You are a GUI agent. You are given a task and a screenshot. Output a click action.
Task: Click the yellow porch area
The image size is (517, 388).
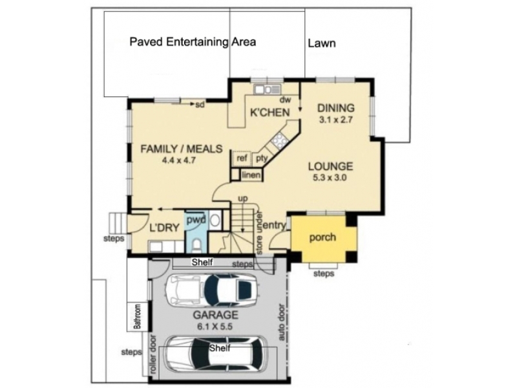tap(324, 237)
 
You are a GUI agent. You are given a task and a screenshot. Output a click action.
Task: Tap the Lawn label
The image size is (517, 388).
tap(322, 43)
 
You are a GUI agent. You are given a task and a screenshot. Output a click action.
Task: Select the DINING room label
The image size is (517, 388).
tap(336, 108)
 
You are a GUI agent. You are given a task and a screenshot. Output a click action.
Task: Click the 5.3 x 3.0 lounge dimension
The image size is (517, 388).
tap(330, 178)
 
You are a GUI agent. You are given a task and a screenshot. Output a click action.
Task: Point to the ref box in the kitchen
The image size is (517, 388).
tap(242, 158)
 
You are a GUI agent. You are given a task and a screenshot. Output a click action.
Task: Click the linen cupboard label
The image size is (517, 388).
tap(251, 175)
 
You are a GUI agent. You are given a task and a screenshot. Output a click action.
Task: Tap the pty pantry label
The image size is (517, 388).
tap(262, 158)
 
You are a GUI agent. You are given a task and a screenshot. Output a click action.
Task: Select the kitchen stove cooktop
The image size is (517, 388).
tap(280, 139)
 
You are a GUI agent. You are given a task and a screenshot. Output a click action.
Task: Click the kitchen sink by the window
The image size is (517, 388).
tap(267, 89)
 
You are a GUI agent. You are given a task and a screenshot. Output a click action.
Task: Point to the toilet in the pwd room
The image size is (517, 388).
tap(197, 246)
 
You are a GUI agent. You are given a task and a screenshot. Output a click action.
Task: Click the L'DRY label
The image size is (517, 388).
tap(164, 228)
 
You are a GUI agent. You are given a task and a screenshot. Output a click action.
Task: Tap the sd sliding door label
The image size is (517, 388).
tap(200, 105)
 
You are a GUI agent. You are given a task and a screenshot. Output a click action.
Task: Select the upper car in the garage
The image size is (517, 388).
tap(212, 290)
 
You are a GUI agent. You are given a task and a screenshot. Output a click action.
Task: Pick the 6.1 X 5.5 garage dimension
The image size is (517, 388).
tap(215, 327)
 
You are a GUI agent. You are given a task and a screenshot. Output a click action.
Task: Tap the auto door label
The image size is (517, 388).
tap(282, 322)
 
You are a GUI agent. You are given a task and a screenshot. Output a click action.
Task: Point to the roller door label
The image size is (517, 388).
tap(153, 354)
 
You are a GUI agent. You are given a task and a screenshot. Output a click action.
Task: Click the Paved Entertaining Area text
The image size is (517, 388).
tap(193, 42)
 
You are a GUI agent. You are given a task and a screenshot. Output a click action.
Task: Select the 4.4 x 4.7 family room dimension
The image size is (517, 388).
tap(179, 160)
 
